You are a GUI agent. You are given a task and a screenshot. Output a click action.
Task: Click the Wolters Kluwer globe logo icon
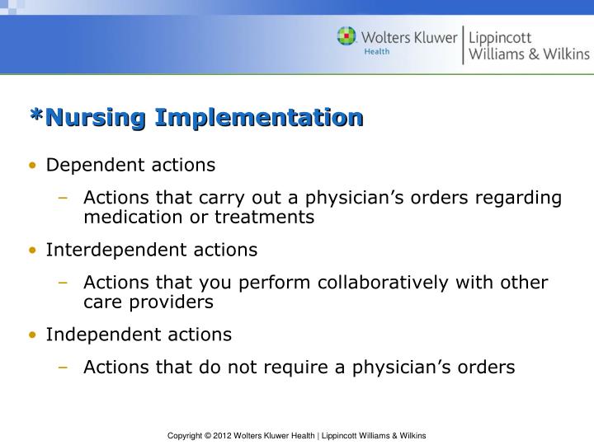(346, 36)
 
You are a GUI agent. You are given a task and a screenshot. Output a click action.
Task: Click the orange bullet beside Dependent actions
(32, 166)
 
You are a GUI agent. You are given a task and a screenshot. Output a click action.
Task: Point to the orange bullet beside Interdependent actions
(32, 250)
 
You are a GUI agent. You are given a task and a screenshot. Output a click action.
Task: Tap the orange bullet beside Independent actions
(32, 335)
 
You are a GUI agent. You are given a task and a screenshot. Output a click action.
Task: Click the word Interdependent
(98, 250)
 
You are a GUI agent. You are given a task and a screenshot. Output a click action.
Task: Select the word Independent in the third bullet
(93, 335)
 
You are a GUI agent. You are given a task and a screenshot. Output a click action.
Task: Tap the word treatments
(266, 218)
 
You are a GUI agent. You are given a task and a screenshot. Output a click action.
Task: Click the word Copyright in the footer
(186, 434)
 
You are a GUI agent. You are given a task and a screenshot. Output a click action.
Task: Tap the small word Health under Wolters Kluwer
(377, 50)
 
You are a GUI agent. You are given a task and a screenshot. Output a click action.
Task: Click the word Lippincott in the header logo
(501, 38)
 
